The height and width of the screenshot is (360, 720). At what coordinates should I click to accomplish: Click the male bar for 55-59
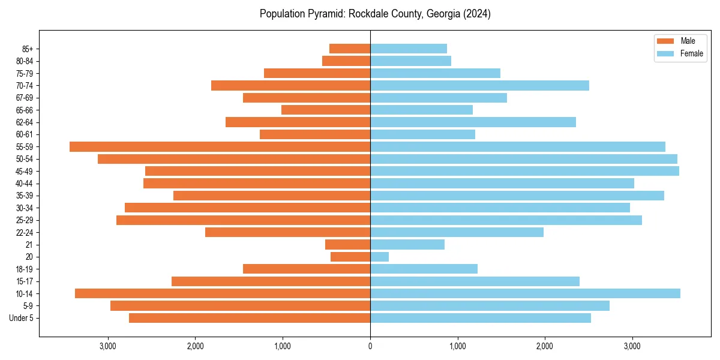220,146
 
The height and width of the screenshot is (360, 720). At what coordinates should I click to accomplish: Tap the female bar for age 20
379,257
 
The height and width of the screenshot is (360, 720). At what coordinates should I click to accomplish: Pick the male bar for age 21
347,244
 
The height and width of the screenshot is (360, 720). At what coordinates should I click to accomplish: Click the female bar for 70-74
479,85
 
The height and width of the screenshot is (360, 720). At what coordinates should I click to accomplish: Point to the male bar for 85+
350,49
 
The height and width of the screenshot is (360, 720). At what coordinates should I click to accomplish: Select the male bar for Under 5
250,318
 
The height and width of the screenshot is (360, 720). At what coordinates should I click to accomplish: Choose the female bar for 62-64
473,122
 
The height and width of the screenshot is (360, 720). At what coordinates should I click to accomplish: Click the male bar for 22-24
287,232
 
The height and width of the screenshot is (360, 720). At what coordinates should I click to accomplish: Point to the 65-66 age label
25,110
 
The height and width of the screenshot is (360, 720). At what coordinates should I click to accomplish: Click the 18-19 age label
25,269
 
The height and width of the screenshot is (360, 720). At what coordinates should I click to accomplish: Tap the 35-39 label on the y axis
25,196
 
